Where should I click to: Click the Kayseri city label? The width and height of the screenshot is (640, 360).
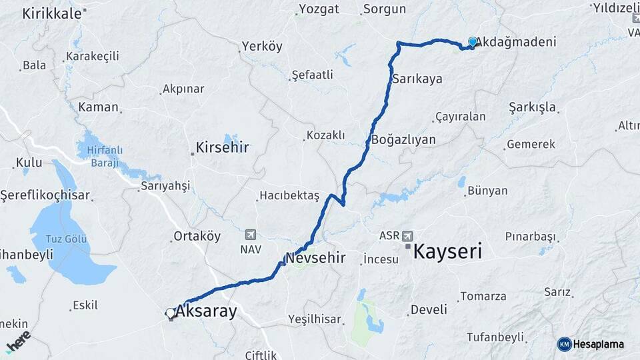coord(447,251)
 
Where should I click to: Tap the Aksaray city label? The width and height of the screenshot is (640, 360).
coord(206,311)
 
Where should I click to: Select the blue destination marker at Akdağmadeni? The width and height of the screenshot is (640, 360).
coord(473,42)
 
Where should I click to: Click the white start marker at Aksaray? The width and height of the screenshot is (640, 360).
coord(170,313)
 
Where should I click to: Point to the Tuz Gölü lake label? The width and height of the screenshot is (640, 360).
coord(67,239)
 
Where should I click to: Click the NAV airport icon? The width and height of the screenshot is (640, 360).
coord(251,234)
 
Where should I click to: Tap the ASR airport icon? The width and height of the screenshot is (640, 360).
coord(408,235)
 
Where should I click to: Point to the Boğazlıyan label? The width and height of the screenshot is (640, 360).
coord(403,140)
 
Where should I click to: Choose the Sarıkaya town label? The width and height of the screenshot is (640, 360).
coord(417,79)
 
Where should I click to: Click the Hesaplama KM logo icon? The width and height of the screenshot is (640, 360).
coord(565,344)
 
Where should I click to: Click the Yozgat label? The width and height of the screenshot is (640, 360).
coord(319,9)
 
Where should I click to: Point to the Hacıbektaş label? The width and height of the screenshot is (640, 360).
coord(290,195)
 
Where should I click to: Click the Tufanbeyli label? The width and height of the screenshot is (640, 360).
coord(495,337)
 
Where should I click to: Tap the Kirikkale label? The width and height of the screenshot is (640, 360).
coord(51,13)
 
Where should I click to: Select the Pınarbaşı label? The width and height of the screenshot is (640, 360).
coord(530,237)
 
